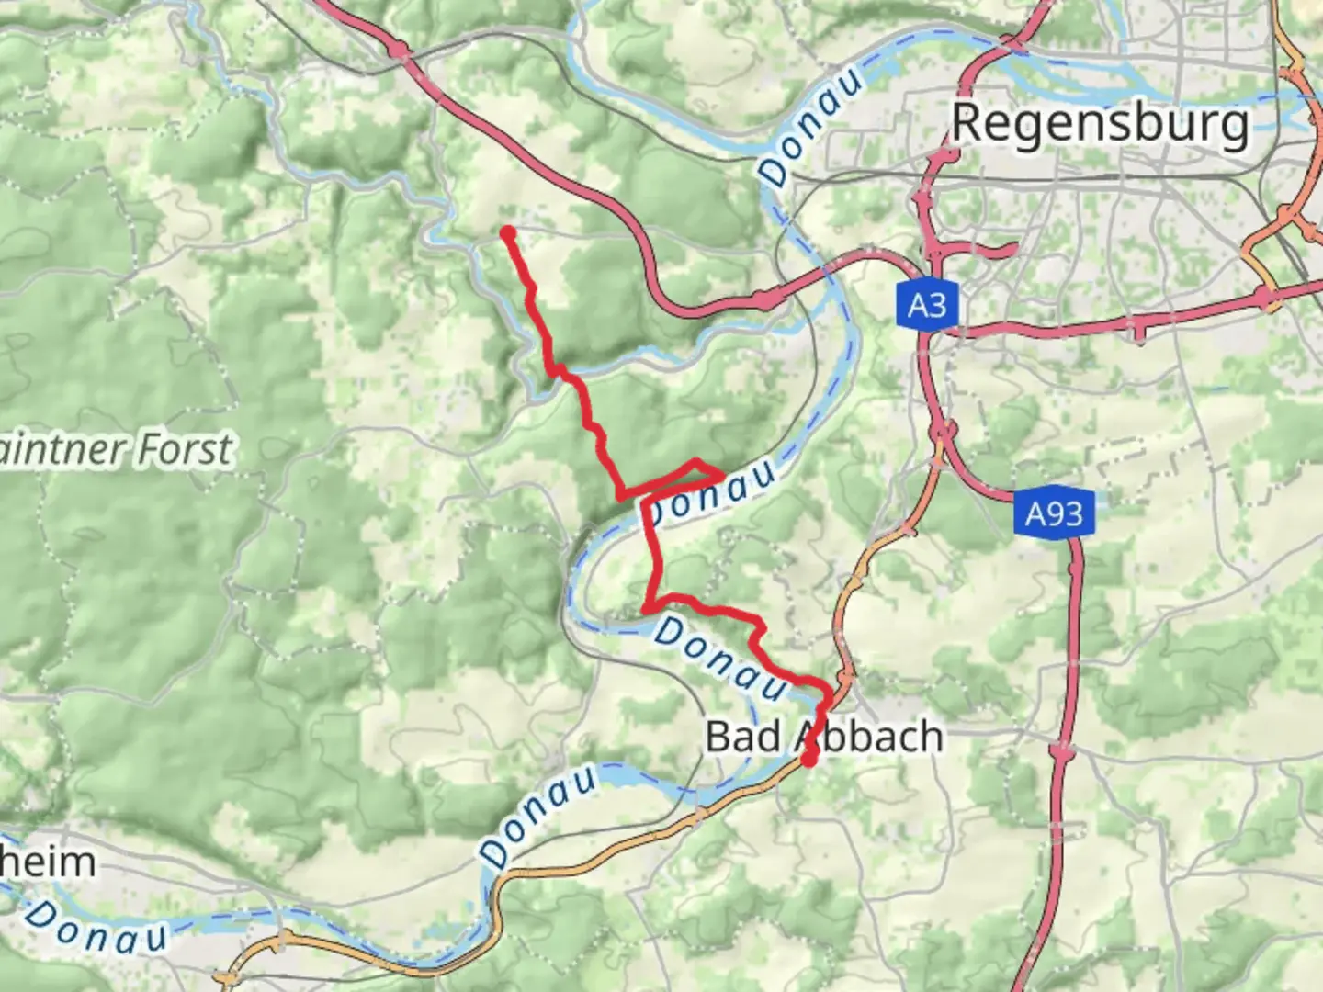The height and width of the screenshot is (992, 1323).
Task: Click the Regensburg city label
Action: (1100, 123)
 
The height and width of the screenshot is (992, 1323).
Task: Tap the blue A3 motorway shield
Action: (926, 304)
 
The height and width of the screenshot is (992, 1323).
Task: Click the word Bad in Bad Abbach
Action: (742, 737)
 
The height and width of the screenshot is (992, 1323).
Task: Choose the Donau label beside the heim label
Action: (96, 925)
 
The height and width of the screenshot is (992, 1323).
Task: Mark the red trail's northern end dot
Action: (507, 233)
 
